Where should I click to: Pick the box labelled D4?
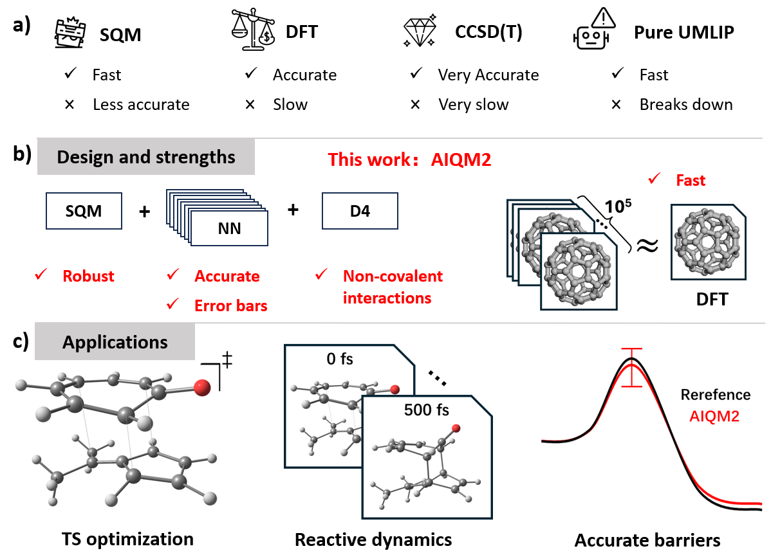click(360, 212)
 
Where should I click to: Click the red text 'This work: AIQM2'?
click(409, 159)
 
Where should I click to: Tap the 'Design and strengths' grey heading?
click(146, 158)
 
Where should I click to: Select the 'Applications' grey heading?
click(115, 341)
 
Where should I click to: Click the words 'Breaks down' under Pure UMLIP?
click(685, 105)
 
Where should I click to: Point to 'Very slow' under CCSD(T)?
click(473, 105)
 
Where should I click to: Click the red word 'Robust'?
click(88, 276)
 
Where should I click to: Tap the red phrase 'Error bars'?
click(230, 306)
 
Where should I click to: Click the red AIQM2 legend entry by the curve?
click(714, 416)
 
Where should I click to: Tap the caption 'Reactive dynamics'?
click(373, 539)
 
